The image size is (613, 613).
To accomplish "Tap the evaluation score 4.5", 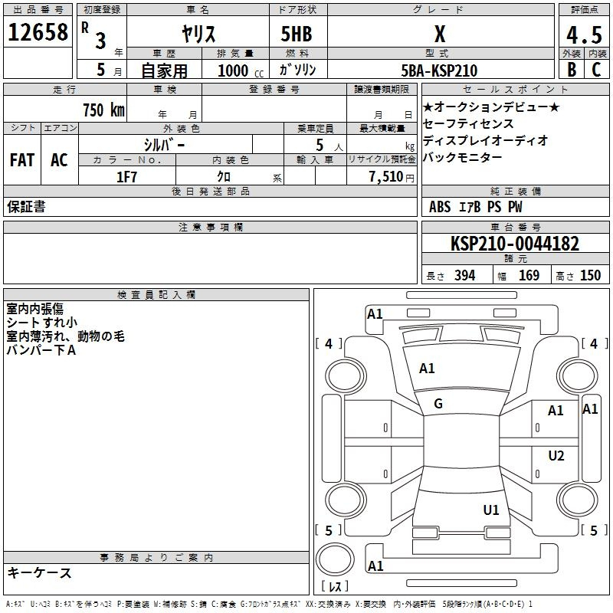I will pos(582,34).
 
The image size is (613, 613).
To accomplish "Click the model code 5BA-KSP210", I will pos(438,70).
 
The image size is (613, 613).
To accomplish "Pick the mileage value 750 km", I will pos(103,110).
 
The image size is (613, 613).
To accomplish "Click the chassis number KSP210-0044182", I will pos(514,244).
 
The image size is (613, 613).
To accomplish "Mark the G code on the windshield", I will pos(438,404).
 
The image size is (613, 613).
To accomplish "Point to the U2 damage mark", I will pos(556,456).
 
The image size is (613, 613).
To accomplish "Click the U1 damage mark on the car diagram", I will pos(491,510).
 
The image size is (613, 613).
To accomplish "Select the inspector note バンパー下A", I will pos(41,350).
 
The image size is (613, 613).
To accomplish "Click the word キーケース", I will pos(39,572).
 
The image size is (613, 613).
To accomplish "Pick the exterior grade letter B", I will pos(571,70).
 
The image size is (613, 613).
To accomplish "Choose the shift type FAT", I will pos(21,160).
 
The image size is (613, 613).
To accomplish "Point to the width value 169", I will pos(529,275).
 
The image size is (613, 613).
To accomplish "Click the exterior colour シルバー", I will pos(164,144).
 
